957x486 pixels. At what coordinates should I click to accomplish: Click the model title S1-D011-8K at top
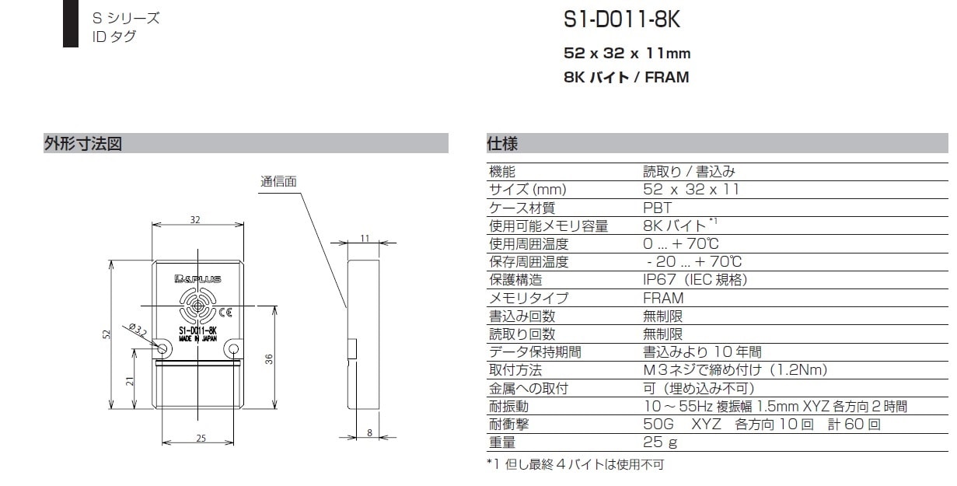coord(622,19)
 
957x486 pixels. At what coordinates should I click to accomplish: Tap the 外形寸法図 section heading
coord(83,144)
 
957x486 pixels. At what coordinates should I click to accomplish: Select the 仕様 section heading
coord(502,144)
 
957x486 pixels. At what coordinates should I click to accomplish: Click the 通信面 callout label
coord(278,182)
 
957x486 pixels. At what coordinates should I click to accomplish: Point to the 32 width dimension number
coord(195,220)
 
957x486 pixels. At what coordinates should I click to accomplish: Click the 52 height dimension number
coord(107,334)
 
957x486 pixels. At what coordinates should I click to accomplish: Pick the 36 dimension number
coord(269,359)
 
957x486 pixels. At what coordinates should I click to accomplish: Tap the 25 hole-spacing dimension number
coord(201,438)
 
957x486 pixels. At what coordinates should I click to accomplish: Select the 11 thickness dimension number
coord(365,238)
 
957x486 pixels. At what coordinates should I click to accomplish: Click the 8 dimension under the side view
coord(369,432)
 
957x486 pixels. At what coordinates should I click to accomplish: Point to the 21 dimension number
coord(130,381)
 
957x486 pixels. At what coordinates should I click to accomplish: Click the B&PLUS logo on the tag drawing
coord(197,279)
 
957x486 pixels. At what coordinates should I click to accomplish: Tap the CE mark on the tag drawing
coord(225,313)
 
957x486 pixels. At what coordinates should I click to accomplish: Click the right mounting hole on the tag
coord(233,350)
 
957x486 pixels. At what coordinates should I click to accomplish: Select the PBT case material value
coord(657,208)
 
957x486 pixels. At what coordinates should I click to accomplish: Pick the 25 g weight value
coord(660,442)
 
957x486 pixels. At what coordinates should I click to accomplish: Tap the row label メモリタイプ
coord(529,298)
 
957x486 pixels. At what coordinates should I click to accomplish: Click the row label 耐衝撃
coord(509,424)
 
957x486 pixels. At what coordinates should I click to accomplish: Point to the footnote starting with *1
coord(575,464)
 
